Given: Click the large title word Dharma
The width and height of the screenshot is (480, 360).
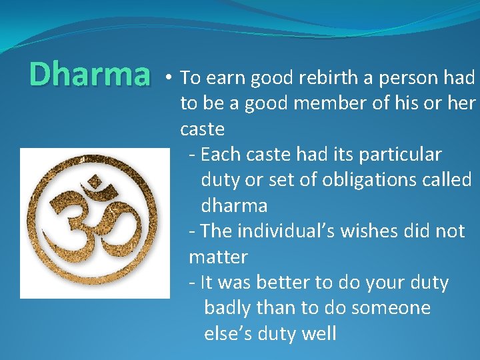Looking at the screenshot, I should tap(90, 75).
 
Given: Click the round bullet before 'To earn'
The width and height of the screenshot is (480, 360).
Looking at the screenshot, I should tap(171, 78).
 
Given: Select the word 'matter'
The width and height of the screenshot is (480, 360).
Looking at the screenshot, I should tap(218, 257).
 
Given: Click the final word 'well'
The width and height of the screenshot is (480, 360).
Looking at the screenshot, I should tap(317, 333).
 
